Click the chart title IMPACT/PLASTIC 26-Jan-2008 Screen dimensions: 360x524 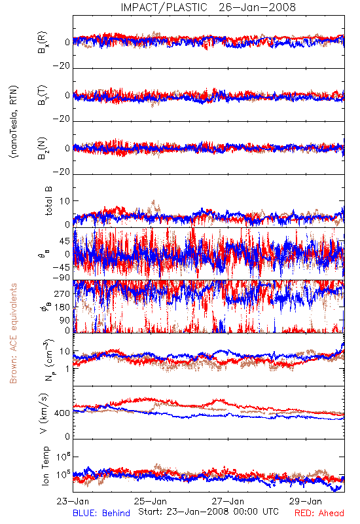(x=208, y=7)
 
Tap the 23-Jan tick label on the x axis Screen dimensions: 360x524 (x=73, y=502)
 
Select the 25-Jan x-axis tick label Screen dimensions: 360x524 (x=151, y=502)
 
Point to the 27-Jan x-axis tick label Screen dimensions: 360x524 (x=228, y=502)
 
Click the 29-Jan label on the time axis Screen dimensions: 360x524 (x=306, y=502)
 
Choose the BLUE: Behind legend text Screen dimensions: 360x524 (x=101, y=514)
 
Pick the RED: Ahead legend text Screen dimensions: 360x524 (x=319, y=514)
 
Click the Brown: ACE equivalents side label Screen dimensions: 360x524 (x=13, y=333)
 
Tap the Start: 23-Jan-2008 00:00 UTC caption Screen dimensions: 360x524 (x=208, y=512)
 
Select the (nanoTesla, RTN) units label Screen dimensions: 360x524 (x=14, y=122)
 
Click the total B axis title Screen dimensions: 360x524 (x=48, y=201)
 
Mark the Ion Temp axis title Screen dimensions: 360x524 (x=45, y=466)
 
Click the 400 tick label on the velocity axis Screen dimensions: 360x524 (x=62, y=413)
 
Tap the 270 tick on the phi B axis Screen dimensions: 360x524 (x=62, y=293)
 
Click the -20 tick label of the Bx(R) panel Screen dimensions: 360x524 (x=62, y=66)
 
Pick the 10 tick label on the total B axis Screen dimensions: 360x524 (x=65, y=201)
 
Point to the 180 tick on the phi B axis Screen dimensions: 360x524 (x=62, y=307)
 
